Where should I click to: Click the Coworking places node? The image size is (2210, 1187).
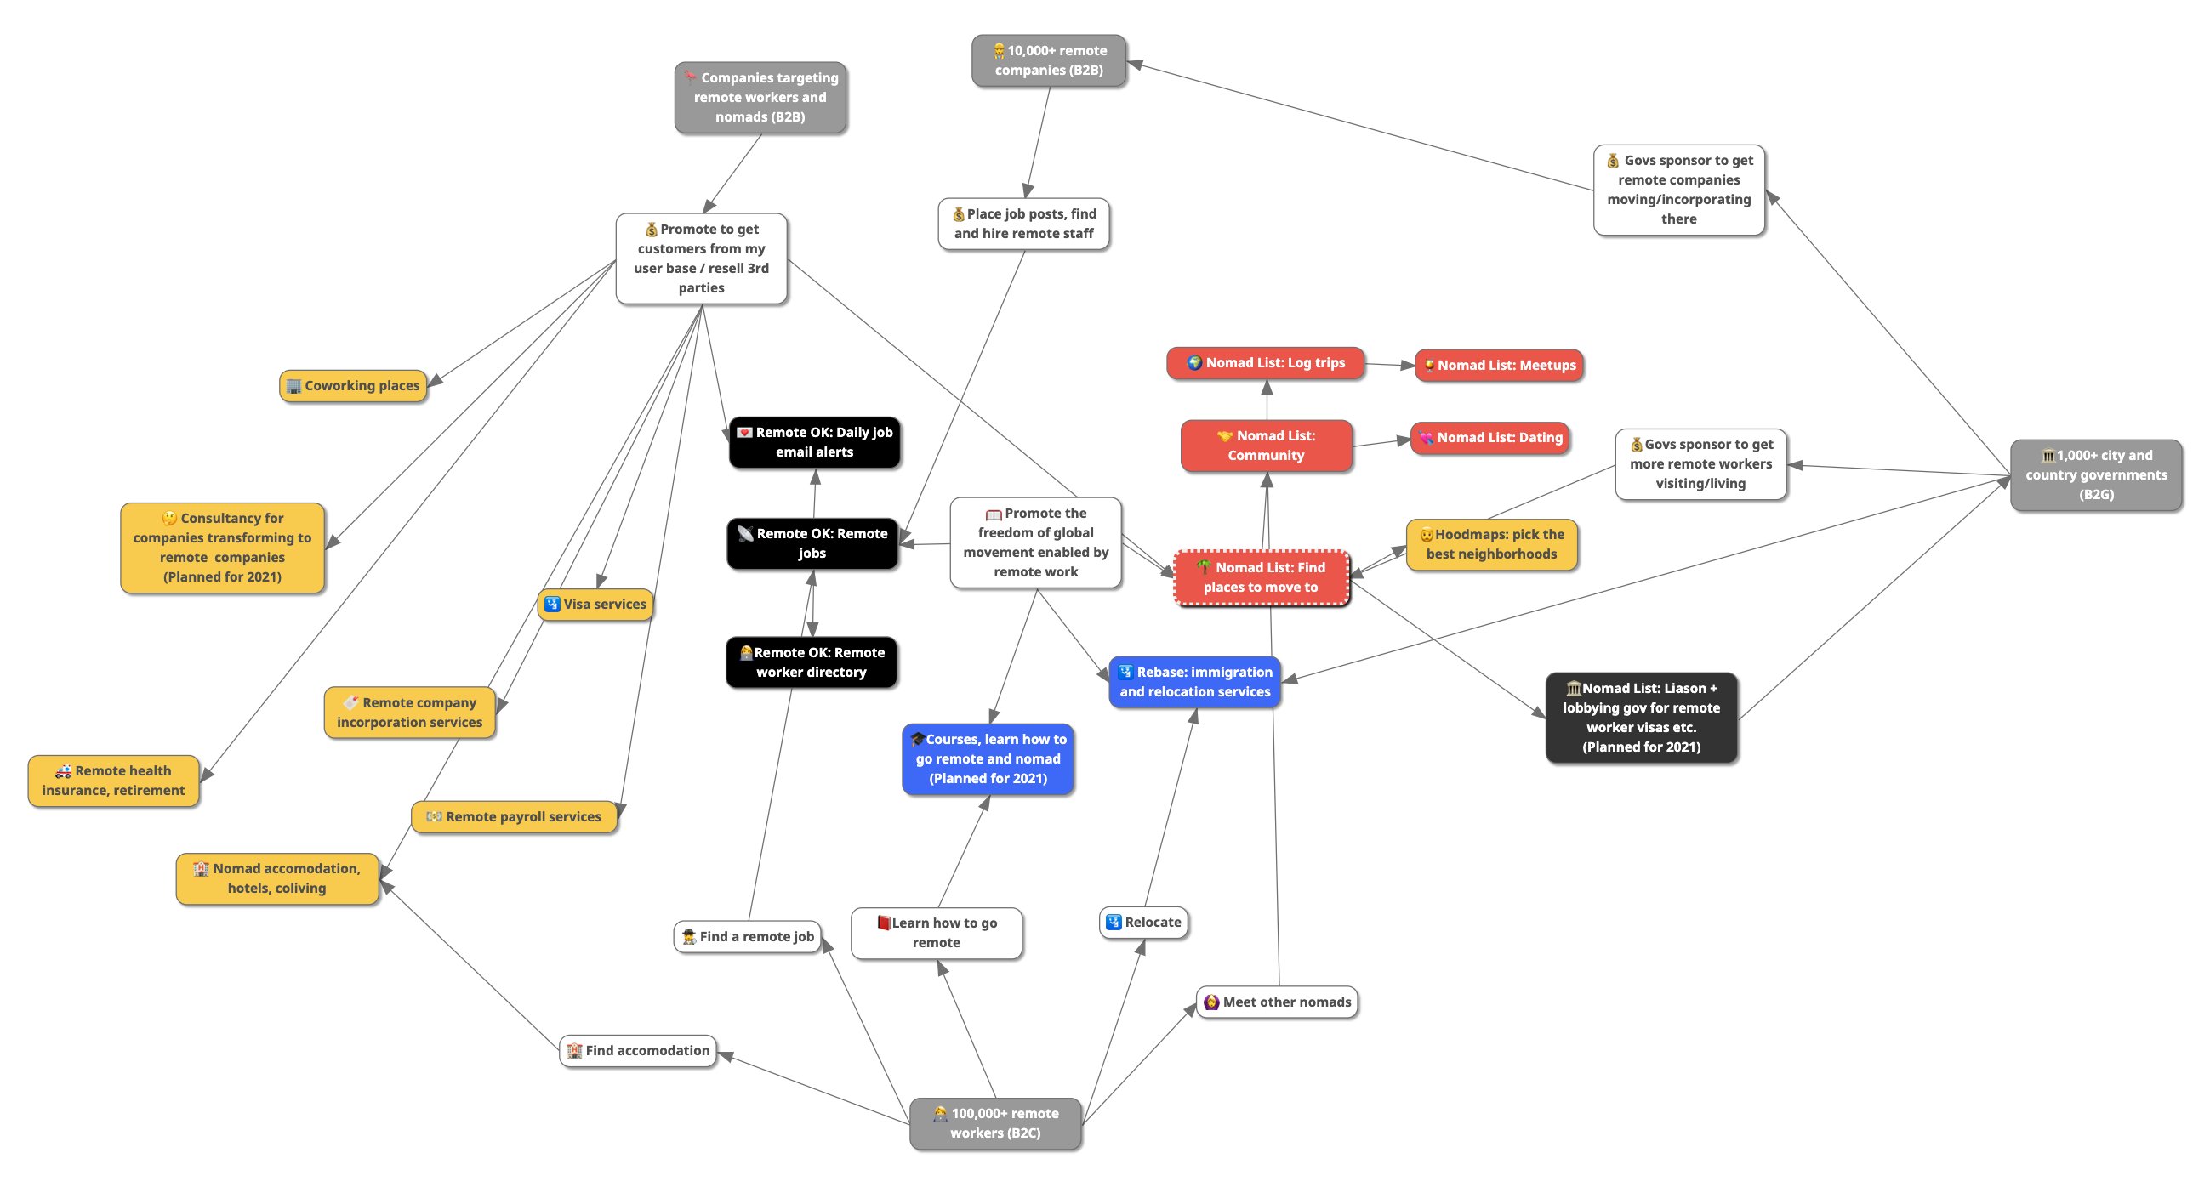[354, 386]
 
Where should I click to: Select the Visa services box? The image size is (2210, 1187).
[595, 604]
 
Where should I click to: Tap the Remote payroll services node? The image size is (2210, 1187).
[515, 816]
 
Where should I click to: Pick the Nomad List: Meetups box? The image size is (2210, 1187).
[1499, 366]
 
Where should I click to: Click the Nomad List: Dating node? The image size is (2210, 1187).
[1491, 437]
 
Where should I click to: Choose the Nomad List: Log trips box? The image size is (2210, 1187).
[1266, 363]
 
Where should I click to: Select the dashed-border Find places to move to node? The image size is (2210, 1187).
[1262, 577]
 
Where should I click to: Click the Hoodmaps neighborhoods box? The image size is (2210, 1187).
[1492, 543]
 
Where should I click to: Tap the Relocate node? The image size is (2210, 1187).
[1143, 922]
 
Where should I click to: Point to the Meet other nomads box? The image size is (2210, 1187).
[1278, 1002]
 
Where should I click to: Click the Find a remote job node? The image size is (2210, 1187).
[747, 936]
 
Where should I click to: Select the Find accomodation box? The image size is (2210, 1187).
[638, 1051]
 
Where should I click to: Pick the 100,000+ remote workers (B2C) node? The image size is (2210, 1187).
[995, 1123]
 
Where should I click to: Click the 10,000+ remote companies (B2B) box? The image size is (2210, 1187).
[1049, 61]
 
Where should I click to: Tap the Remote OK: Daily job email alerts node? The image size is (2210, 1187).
[814, 442]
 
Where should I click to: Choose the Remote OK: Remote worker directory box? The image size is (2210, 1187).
[812, 662]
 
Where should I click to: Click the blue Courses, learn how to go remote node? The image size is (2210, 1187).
[988, 759]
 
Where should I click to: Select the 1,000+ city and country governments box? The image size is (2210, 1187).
[2096, 475]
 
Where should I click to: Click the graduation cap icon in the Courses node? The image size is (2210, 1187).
[917, 739]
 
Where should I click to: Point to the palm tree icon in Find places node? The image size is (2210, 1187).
[1205, 568]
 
